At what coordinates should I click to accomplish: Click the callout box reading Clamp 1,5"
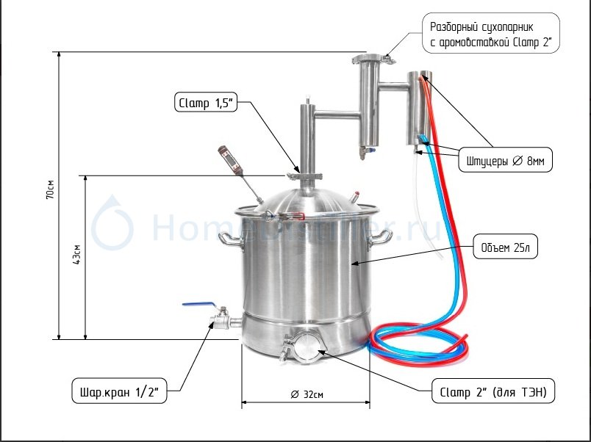click(x=205, y=103)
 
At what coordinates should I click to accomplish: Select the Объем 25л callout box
click(x=505, y=247)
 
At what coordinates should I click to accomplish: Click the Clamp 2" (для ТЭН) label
click(x=492, y=393)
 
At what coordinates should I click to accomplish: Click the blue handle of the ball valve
click(x=199, y=303)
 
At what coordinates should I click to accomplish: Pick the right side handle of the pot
click(x=382, y=236)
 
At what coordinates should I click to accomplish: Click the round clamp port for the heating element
click(x=303, y=346)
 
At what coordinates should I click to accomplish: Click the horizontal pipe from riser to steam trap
click(x=337, y=113)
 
